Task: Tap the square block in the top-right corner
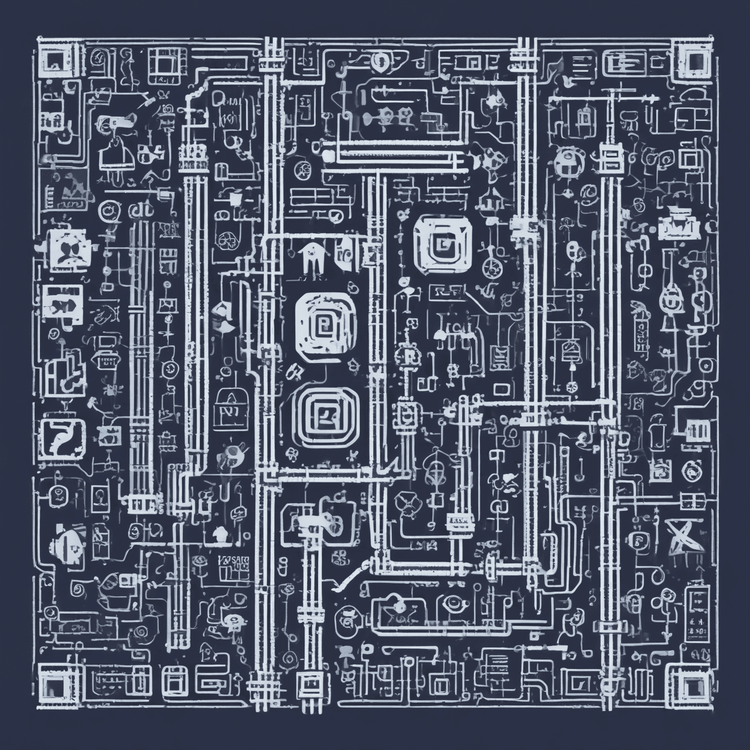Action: (696, 60)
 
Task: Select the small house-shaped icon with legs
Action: (311, 258)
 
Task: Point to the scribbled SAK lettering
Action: (233, 565)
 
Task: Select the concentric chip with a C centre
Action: (443, 240)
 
